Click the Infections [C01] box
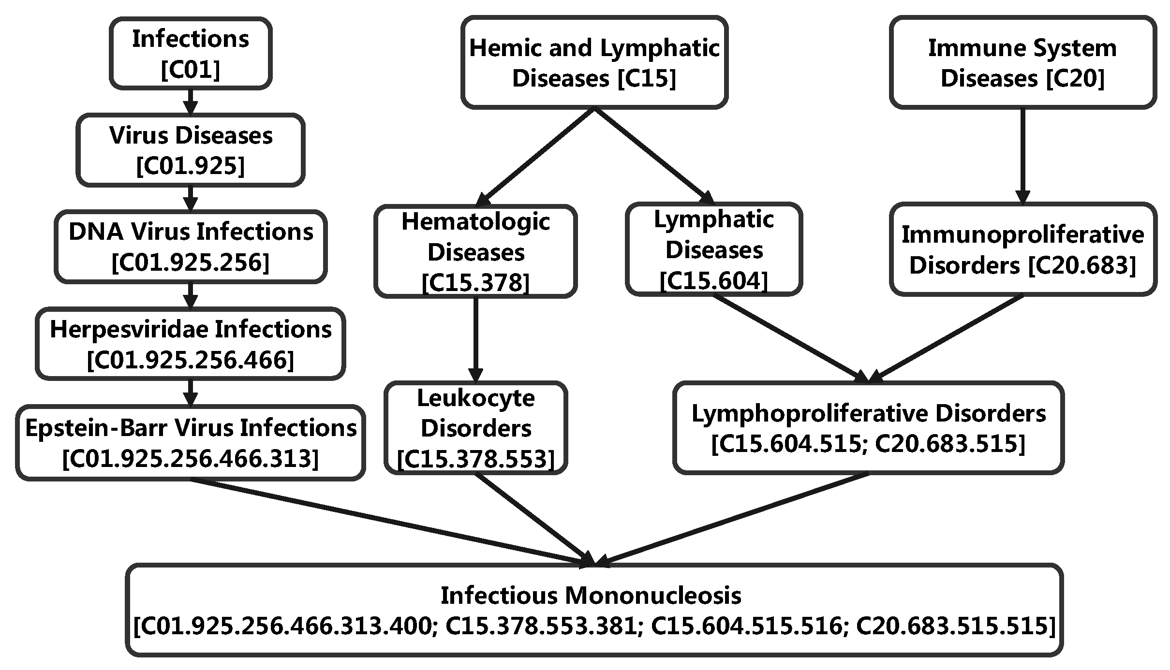pyautogui.click(x=190, y=53)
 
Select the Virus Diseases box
pyautogui.click(x=190, y=150)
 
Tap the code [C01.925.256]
pyautogui.click(x=190, y=263)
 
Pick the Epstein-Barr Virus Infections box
pyautogui.click(x=190, y=442)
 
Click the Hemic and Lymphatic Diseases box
pyautogui.click(x=594, y=62)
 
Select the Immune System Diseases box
pyautogui.click(x=1022, y=62)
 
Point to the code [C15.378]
pyautogui.click(x=475, y=283)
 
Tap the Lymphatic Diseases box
pyautogui.click(x=714, y=249)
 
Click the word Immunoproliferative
pyautogui.click(x=1022, y=235)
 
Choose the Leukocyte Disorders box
pyautogui.click(x=475, y=428)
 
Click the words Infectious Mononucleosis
pyautogui.click(x=591, y=596)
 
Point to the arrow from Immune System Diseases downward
pyautogui.click(x=1022, y=155)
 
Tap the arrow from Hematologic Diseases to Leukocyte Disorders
pyautogui.click(x=475, y=338)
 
